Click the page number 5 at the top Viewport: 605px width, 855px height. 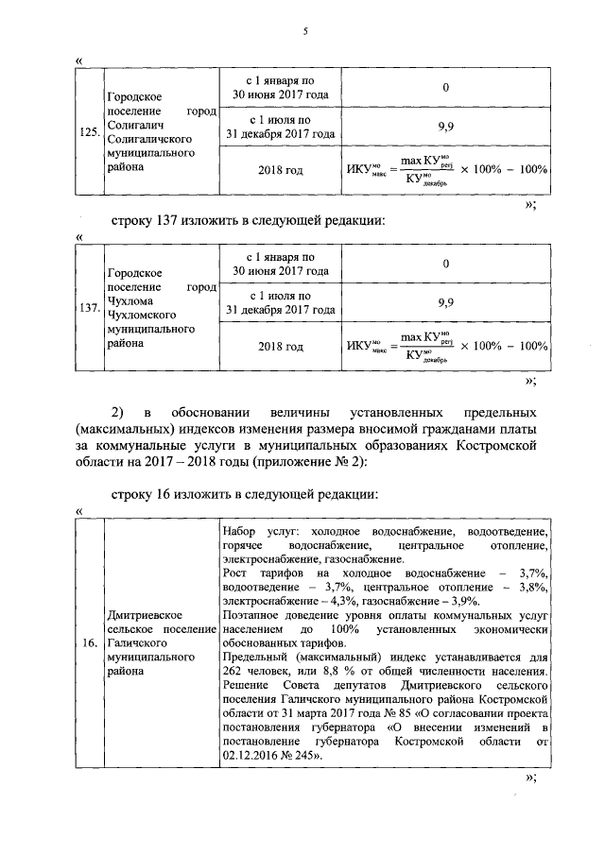[x=305, y=33]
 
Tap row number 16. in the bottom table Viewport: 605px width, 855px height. [x=90, y=644]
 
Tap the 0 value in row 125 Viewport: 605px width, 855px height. [x=445, y=88]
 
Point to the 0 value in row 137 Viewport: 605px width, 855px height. [x=445, y=265]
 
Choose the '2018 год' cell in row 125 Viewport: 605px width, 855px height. [x=281, y=170]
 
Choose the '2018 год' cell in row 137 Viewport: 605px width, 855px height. [x=281, y=347]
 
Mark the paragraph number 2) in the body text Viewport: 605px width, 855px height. [x=119, y=413]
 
